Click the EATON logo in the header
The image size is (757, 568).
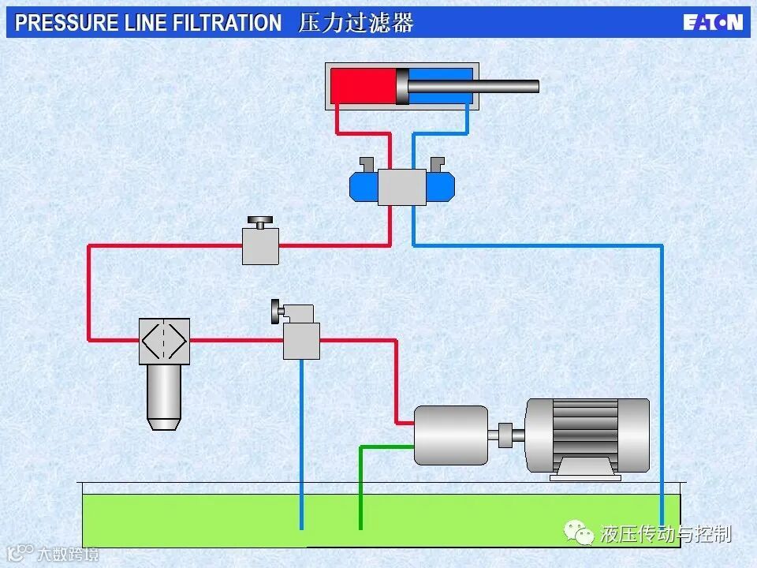pyautogui.click(x=713, y=22)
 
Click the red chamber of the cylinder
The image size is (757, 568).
pyautogui.click(x=362, y=86)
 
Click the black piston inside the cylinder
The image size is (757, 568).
pyautogui.click(x=402, y=86)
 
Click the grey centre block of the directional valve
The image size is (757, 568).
pyautogui.click(x=401, y=187)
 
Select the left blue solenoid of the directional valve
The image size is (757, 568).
pyautogui.click(x=364, y=186)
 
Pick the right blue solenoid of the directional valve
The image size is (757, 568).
pyautogui.click(x=440, y=186)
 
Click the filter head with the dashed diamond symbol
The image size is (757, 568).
pyautogui.click(x=164, y=341)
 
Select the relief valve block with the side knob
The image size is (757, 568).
pyautogui.click(x=301, y=340)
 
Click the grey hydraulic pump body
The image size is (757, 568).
pyautogui.click(x=451, y=435)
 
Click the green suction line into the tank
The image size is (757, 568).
pyautogui.click(x=361, y=489)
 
